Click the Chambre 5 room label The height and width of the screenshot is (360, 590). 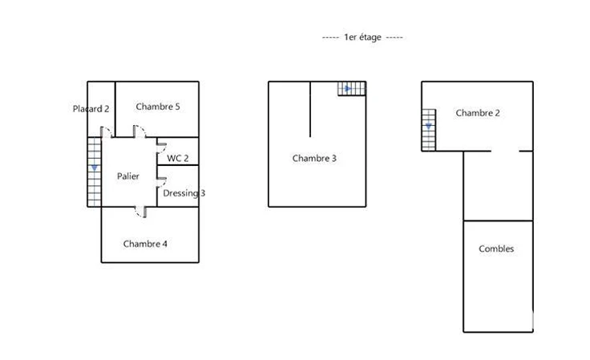[158, 107]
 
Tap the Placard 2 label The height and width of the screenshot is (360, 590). [91, 109]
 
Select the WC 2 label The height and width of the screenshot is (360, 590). [178, 159]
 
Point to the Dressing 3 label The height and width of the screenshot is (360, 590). [184, 193]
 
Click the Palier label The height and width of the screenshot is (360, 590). [128, 176]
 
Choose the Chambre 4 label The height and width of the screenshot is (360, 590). [145, 244]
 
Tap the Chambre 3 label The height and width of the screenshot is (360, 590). [314, 159]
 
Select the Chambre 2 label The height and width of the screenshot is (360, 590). [478, 113]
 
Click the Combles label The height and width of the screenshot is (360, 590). [496, 249]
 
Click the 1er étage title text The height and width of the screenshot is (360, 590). [362, 37]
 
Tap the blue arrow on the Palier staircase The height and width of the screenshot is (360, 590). [94, 168]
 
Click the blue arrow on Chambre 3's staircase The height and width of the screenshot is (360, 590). [348, 89]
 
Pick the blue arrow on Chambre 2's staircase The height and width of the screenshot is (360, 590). [428, 127]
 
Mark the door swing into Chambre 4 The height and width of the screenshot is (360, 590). [141, 212]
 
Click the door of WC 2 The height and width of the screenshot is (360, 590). [162, 148]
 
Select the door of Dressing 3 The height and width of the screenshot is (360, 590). [162, 182]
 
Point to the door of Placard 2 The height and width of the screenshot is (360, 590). [107, 131]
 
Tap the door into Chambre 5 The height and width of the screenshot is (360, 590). [139, 131]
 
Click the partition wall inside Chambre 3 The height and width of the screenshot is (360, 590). [310, 109]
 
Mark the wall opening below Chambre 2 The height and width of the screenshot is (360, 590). [505, 151]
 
